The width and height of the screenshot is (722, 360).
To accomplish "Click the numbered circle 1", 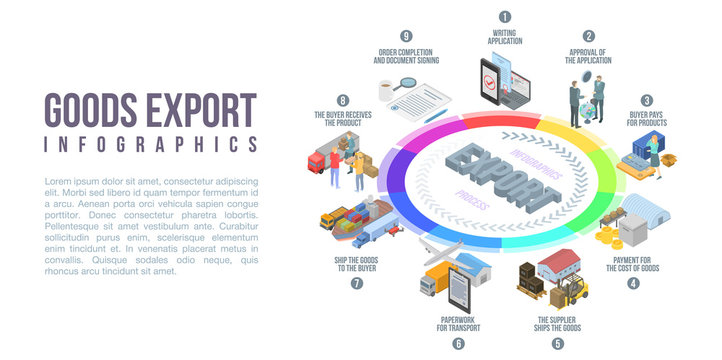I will [x=504, y=16].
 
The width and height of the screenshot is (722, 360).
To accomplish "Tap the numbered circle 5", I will [x=558, y=343].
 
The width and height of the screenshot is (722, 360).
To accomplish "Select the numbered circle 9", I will [x=406, y=36].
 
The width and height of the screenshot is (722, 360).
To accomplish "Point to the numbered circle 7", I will [x=357, y=283].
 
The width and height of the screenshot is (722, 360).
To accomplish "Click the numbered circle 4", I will [x=633, y=283].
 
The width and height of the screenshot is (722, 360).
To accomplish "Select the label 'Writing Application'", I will [x=505, y=38].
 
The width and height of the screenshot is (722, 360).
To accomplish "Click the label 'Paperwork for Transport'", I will [x=459, y=323].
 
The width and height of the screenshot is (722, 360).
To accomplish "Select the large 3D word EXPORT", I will [x=500, y=181].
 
